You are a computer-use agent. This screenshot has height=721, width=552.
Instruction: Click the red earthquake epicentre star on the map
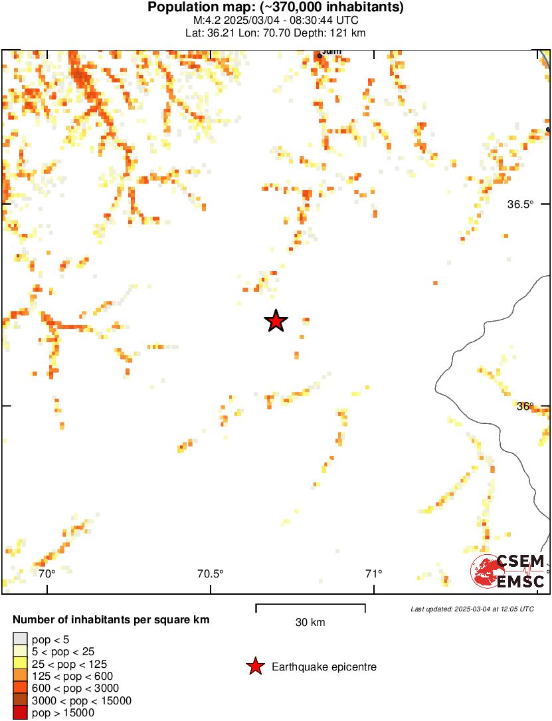(x=276, y=322)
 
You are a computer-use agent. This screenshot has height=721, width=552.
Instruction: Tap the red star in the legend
(x=254, y=667)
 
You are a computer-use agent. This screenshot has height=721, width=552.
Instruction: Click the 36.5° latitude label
(x=520, y=205)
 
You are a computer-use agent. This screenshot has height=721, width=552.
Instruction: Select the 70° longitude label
(x=46, y=573)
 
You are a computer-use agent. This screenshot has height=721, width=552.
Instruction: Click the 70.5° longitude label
(x=211, y=573)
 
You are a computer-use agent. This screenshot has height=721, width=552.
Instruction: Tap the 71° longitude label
(x=374, y=573)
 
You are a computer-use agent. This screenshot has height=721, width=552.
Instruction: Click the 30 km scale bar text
(x=310, y=623)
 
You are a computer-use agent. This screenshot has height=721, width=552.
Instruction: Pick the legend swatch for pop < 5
(x=21, y=639)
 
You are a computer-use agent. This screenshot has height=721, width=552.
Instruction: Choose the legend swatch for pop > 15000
(x=21, y=713)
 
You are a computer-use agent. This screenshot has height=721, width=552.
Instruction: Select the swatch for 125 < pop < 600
(x=21, y=676)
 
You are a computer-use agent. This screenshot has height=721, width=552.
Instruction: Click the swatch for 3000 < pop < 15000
(x=21, y=700)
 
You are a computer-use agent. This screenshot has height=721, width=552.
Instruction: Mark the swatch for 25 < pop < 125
(x=21, y=664)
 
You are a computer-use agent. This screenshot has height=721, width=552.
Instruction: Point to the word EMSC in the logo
(x=521, y=582)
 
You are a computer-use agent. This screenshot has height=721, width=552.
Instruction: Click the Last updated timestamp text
(x=472, y=608)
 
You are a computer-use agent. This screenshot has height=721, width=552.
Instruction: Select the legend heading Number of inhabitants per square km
(x=111, y=620)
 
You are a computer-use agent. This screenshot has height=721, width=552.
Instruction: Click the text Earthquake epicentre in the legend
(x=324, y=667)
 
